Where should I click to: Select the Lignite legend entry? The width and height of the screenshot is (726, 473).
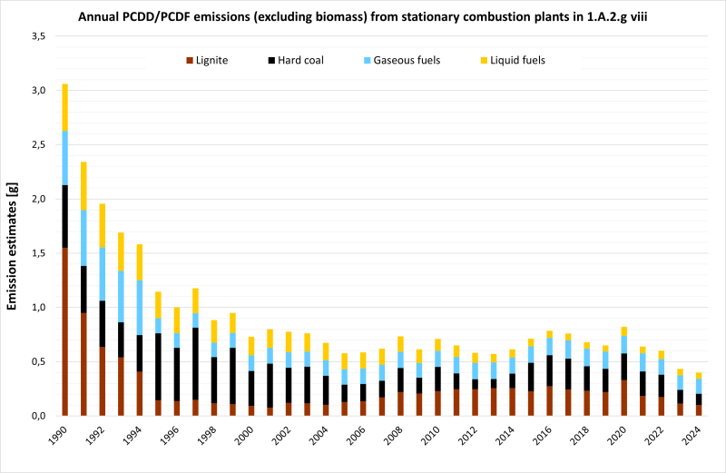click(x=208, y=61)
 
